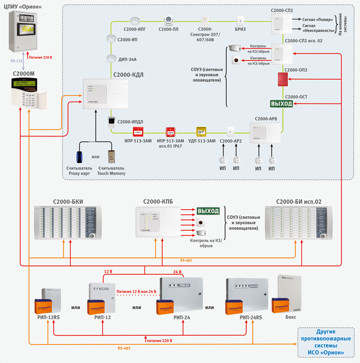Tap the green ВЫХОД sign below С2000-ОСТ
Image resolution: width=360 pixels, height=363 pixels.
(281, 103)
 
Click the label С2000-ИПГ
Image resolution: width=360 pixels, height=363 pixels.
(135, 30)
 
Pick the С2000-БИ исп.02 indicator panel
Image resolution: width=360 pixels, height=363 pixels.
(296, 223)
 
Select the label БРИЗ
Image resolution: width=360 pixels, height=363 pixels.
(240, 30)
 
